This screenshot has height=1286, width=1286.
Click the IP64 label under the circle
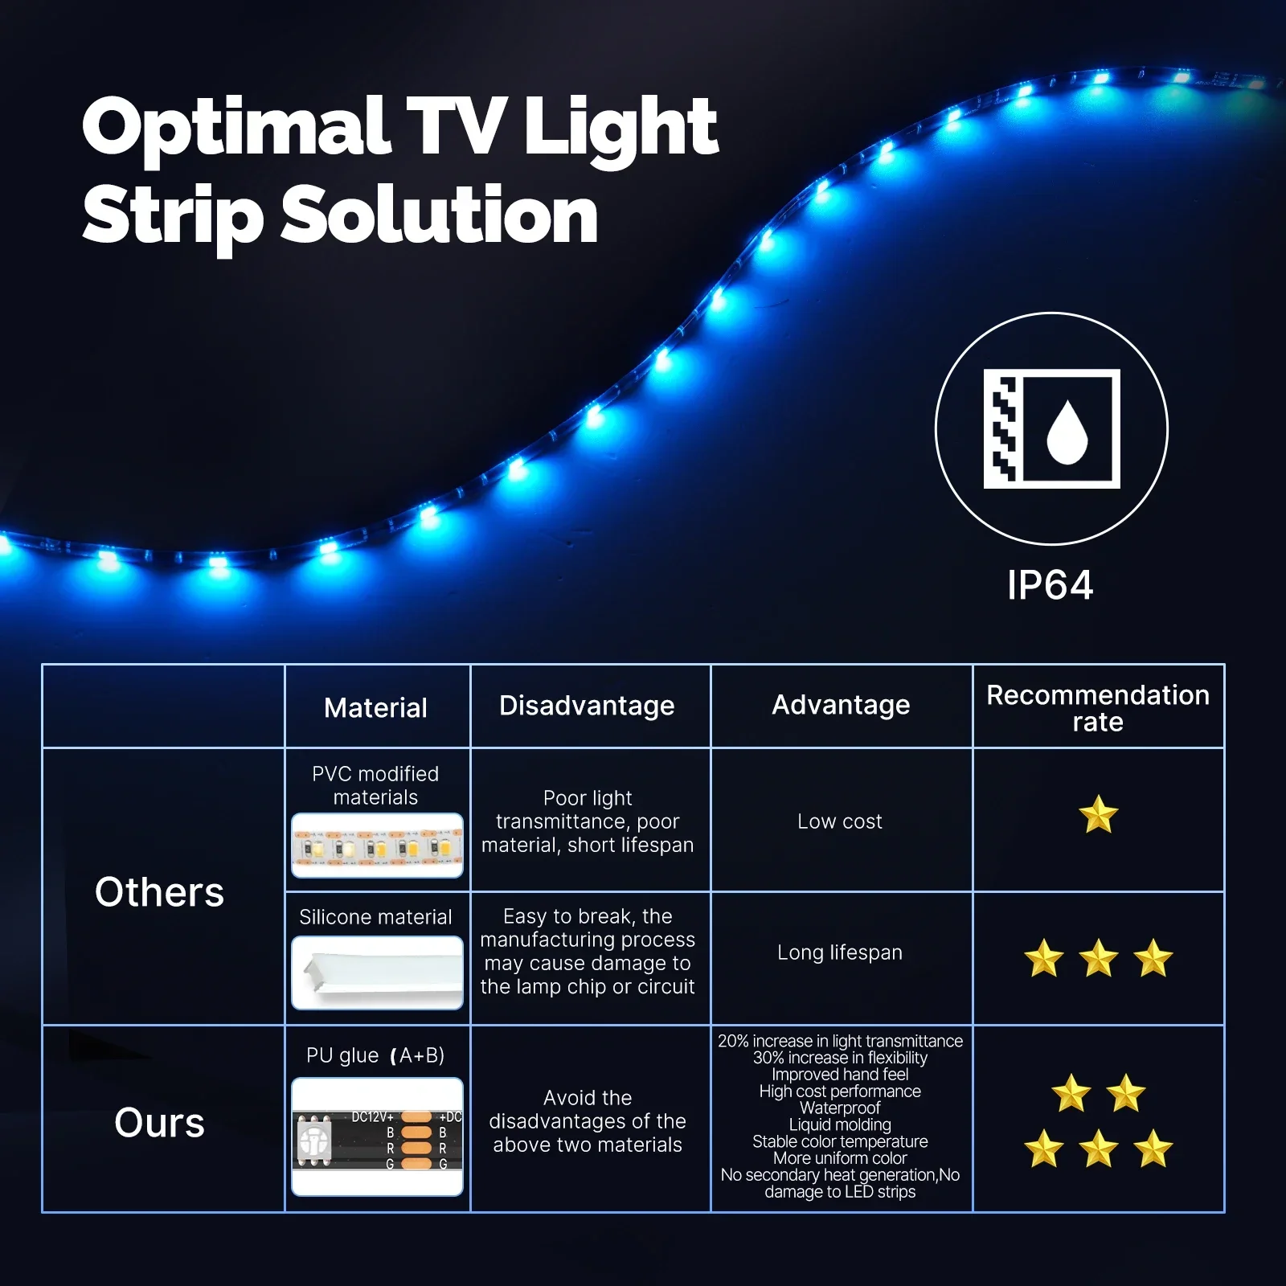pyautogui.click(x=1050, y=585)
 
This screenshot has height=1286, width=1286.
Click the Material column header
pyautogui.click(x=375, y=708)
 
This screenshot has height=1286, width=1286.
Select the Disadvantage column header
pyautogui.click(x=587, y=706)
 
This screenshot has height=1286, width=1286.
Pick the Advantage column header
pyautogui.click(x=841, y=705)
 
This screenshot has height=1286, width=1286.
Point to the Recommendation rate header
pyautogui.click(x=1098, y=708)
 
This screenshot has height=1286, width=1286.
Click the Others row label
pyautogui.click(x=159, y=892)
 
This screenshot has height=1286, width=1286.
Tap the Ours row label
pyautogui.click(x=159, y=1123)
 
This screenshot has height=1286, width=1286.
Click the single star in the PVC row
pyautogui.click(x=1099, y=814)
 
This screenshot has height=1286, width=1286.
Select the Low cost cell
pyautogui.click(x=840, y=821)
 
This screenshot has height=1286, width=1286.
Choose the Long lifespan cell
pyautogui.click(x=840, y=952)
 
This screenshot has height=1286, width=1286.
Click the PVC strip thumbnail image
pyautogui.click(x=377, y=846)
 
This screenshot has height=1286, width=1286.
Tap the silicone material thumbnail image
pyautogui.click(x=377, y=973)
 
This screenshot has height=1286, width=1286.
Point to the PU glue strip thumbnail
pyautogui.click(x=377, y=1137)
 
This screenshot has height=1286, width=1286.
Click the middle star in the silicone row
pyautogui.click(x=1099, y=958)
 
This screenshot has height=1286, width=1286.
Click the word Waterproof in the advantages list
pyautogui.click(x=840, y=1108)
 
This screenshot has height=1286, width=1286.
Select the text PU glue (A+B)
pyautogui.click(x=375, y=1055)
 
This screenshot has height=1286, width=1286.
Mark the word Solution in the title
pyautogui.click(x=439, y=215)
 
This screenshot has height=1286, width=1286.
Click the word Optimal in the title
pyautogui.click(x=236, y=126)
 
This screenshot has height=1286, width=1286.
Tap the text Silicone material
pyautogui.click(x=375, y=917)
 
